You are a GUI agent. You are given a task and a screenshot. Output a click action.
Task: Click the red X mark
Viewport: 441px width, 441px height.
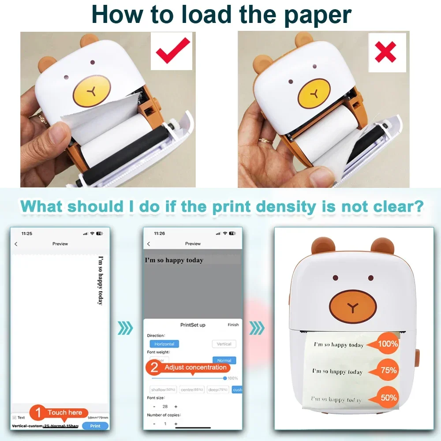coord(386,52)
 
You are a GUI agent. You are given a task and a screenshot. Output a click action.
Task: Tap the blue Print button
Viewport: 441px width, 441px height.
coord(95,426)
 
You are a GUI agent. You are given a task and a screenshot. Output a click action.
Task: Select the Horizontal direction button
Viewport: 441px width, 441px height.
coord(164,344)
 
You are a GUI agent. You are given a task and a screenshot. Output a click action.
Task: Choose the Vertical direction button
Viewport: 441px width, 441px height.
coord(224,344)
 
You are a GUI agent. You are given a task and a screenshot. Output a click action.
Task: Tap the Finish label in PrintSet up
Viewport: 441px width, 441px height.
coord(233,325)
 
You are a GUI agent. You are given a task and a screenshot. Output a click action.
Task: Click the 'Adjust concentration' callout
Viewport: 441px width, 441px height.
coord(190,368)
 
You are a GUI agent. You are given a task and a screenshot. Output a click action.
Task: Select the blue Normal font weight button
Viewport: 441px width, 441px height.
coord(224,360)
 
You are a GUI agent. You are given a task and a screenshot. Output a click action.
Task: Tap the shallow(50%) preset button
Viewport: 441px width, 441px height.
coord(163,390)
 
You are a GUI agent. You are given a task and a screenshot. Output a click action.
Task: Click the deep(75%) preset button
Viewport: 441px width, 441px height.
coord(217,390)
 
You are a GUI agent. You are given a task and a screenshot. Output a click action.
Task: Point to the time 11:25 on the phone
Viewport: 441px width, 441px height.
coord(27,233)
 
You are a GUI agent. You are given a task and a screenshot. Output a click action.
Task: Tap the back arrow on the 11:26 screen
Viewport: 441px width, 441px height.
coord(149,244)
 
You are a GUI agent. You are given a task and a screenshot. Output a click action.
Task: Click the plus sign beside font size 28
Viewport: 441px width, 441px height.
coord(176,407)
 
